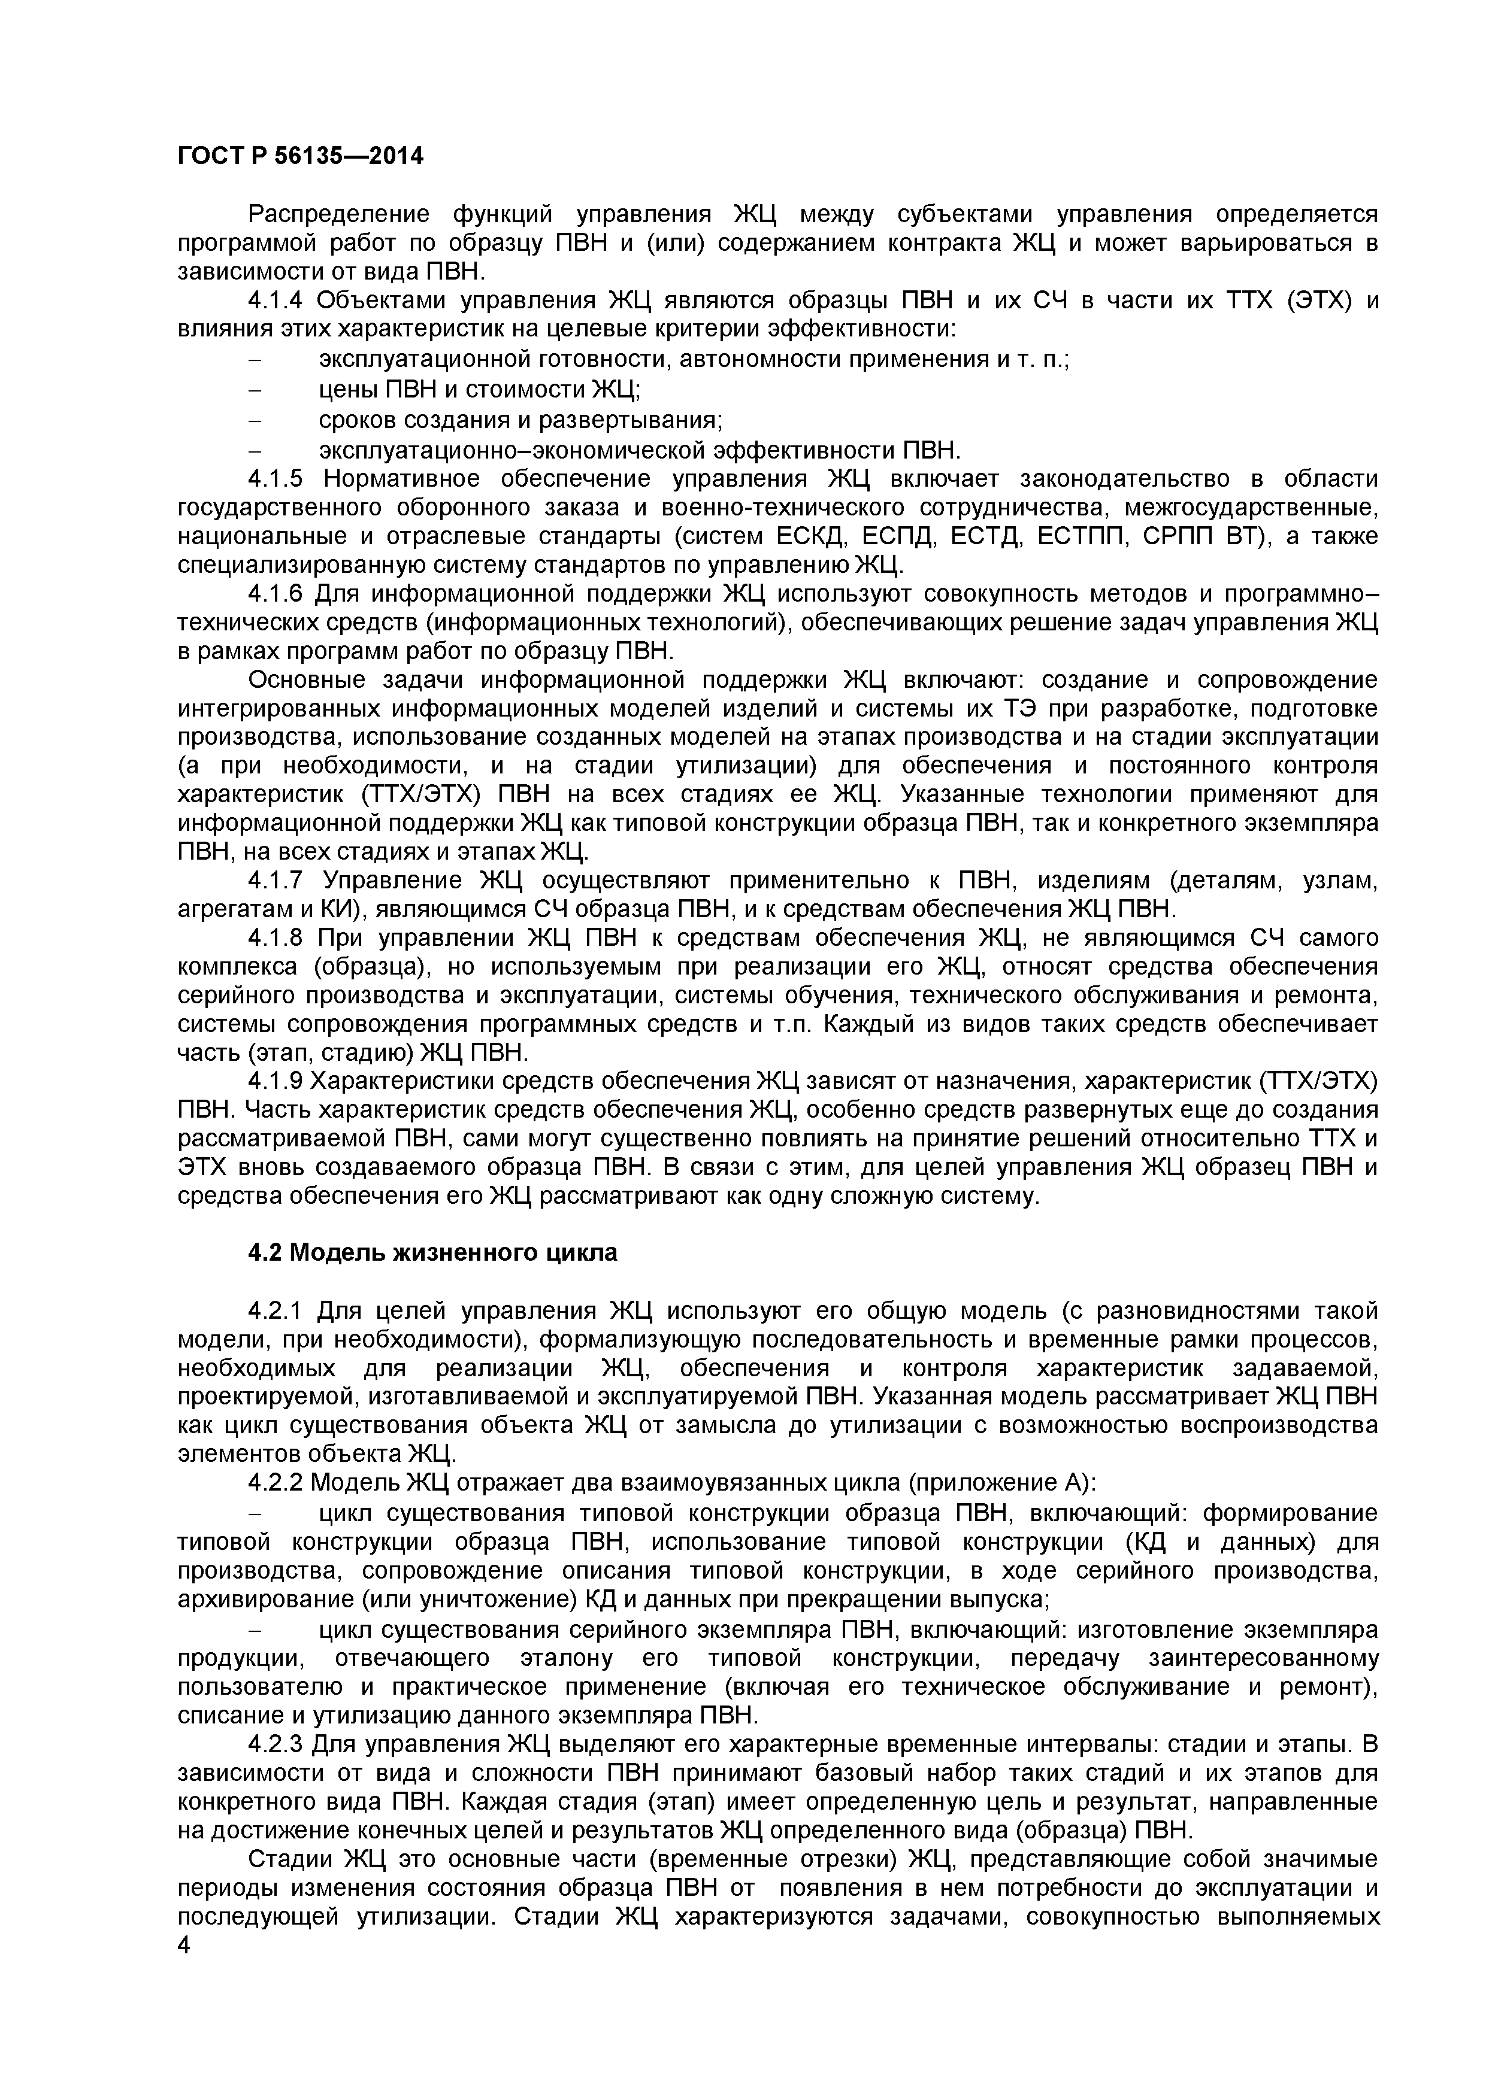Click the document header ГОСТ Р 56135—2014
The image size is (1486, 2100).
tap(300, 156)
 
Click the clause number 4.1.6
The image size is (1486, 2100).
tap(280, 594)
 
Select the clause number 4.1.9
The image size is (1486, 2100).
tap(280, 1081)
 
